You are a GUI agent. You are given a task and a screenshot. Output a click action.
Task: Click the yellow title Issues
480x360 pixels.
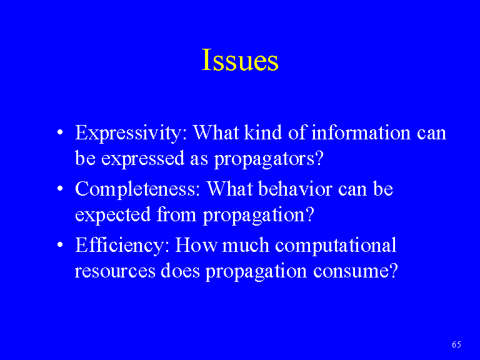click(x=240, y=60)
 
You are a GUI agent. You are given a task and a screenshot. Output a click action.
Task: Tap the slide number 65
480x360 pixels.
click(x=456, y=344)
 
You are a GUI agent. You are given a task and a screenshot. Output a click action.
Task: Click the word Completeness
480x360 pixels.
click(x=137, y=190)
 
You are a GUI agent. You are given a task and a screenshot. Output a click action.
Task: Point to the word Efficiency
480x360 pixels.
click(x=122, y=246)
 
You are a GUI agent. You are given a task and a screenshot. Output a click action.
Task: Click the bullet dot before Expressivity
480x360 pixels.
click(x=60, y=133)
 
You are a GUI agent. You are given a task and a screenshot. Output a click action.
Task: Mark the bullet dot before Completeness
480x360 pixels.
click(x=60, y=189)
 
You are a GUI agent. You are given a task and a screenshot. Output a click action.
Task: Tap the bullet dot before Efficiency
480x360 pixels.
click(x=60, y=245)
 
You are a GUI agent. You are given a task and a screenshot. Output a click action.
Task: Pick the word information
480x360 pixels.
click(x=361, y=132)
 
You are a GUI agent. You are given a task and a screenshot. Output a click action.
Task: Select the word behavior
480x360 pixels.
click(x=296, y=189)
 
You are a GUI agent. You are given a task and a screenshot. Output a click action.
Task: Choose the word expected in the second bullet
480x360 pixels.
click(x=113, y=216)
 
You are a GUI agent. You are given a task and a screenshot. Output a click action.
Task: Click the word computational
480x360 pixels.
click(x=336, y=246)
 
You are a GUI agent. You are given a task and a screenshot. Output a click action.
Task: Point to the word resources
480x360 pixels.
click(x=115, y=271)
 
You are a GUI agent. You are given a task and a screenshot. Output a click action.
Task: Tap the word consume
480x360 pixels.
click(x=356, y=271)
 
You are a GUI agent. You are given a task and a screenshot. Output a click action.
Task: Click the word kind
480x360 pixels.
click(x=263, y=132)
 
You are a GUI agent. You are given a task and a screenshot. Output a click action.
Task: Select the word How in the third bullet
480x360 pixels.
click(x=196, y=245)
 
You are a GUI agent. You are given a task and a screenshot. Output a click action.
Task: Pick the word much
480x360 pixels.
click(x=246, y=245)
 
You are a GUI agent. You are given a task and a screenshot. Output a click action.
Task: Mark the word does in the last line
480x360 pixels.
click(x=180, y=271)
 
